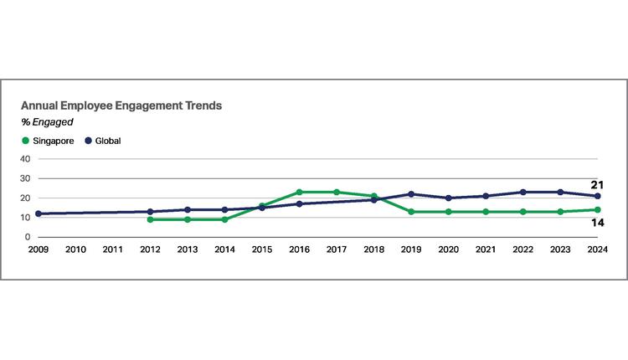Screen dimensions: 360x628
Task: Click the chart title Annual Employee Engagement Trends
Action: [121, 106]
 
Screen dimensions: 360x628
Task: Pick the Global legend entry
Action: [104, 141]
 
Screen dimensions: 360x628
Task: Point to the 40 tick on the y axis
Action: [25, 159]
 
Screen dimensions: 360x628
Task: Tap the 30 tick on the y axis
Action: [25, 178]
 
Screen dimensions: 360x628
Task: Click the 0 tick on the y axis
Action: [28, 237]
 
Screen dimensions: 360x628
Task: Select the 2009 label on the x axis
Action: [38, 249]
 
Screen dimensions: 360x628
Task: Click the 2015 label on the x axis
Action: [261, 249]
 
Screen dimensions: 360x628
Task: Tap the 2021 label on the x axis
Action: [486, 249]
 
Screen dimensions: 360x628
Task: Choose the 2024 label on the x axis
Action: [598, 249]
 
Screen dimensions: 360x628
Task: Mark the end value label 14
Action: [599, 223]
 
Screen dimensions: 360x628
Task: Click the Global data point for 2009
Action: [38, 213]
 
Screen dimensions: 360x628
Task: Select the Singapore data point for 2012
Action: [150, 219]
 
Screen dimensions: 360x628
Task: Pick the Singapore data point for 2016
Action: [299, 192]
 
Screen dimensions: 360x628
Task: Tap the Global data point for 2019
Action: [411, 194]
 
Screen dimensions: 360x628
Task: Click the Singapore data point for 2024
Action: [598, 210]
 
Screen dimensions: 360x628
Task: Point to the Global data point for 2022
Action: [523, 192]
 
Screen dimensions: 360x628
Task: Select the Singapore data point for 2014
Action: [224, 219]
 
